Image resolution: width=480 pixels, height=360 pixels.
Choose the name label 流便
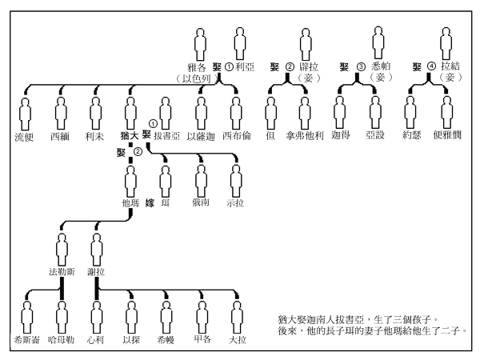pyautogui.click(x=25, y=136)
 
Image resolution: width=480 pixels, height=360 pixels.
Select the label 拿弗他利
pyautogui.click(x=305, y=136)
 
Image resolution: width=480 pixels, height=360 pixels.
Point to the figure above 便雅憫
pyautogui.click(x=446, y=110)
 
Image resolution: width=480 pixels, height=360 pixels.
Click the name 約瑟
pyautogui.click(x=410, y=136)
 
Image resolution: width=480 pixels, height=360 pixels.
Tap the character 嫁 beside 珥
pyautogui.click(x=150, y=204)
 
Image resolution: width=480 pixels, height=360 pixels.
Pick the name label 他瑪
pyautogui.click(x=130, y=204)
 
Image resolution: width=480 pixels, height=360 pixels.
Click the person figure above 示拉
pyautogui.click(x=235, y=178)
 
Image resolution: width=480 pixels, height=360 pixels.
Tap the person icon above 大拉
pyautogui.click(x=235, y=314)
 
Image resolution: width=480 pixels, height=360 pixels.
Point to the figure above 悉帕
pyautogui.click(x=378, y=42)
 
